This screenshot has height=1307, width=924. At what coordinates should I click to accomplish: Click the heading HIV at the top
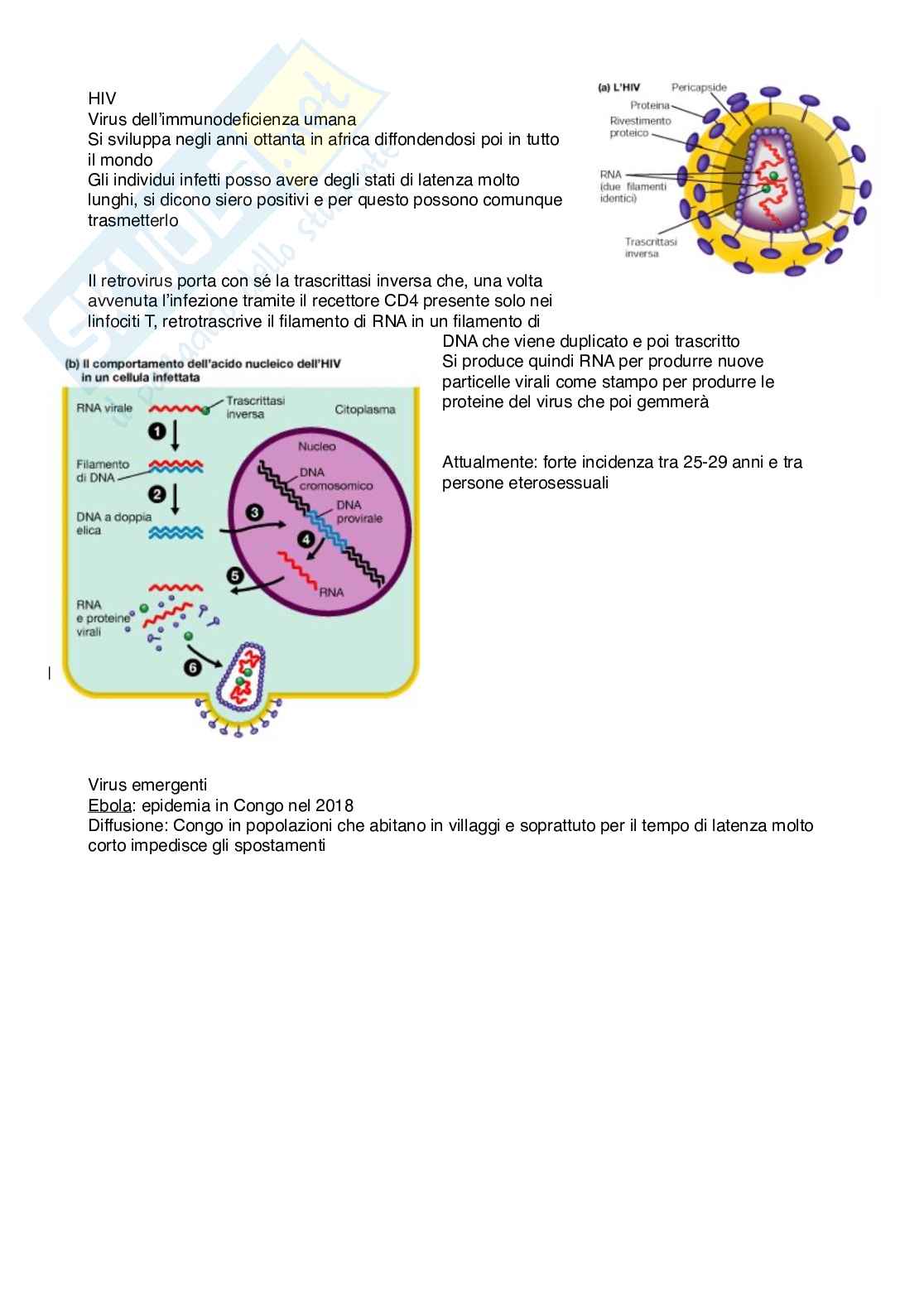pyautogui.click(x=102, y=99)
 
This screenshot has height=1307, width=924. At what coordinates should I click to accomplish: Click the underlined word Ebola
pyautogui.click(x=109, y=805)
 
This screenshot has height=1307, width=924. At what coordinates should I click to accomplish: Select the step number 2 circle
pyautogui.click(x=157, y=494)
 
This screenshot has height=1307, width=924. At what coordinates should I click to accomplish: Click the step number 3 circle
pyautogui.click(x=254, y=512)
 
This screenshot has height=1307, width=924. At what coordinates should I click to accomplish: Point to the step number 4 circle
pyautogui.click(x=306, y=540)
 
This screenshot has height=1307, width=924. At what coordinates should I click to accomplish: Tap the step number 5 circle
pyautogui.click(x=236, y=576)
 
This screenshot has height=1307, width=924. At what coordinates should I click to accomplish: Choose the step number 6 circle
pyautogui.click(x=193, y=667)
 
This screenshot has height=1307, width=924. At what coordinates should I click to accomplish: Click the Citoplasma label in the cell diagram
pyautogui.click(x=365, y=410)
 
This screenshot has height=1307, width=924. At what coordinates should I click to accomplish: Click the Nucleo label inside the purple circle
pyautogui.click(x=317, y=446)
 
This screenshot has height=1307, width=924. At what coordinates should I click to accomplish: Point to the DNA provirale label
pyautogui.click(x=359, y=512)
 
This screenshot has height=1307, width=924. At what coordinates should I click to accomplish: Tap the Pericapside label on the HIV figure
pyautogui.click(x=699, y=88)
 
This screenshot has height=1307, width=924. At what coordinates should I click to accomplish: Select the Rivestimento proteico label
pyautogui.click(x=639, y=127)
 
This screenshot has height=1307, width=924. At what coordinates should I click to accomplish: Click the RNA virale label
pyautogui.click(x=104, y=408)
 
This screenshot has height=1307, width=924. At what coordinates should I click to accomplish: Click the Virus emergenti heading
pyautogui.click(x=147, y=785)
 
